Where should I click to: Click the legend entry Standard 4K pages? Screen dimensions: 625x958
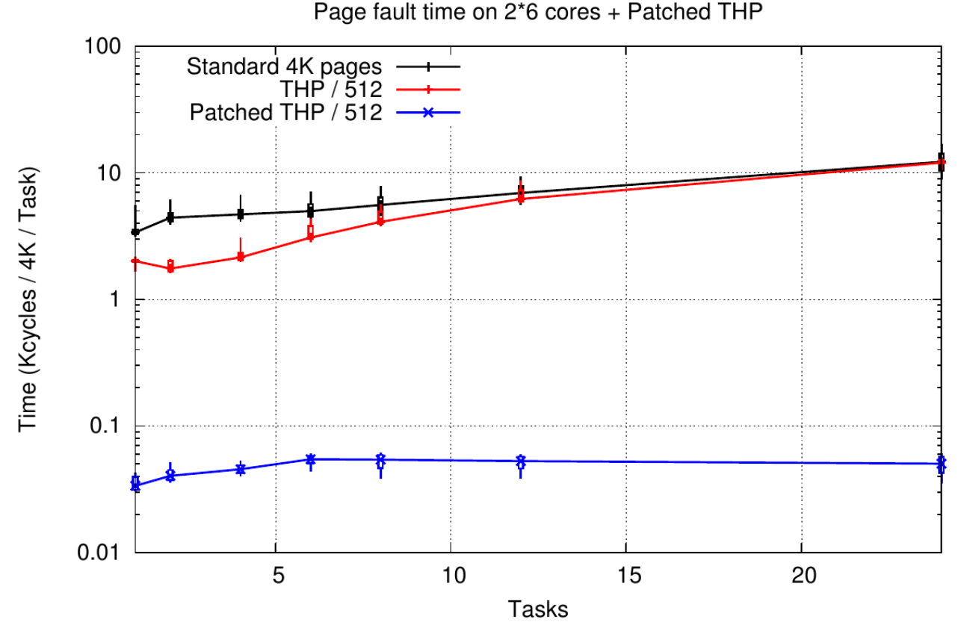pyautogui.click(x=286, y=66)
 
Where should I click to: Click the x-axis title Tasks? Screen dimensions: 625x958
pyautogui.click(x=538, y=609)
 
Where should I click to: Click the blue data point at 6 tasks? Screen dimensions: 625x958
pyautogui.click(x=310, y=459)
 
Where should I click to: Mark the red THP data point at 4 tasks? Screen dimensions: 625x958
pyautogui.click(x=241, y=257)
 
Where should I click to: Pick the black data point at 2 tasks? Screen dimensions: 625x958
pyautogui.click(x=170, y=217)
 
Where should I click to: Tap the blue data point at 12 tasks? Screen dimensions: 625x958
pyautogui.click(x=521, y=461)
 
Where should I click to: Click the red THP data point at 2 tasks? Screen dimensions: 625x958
pyautogui.click(x=170, y=268)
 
